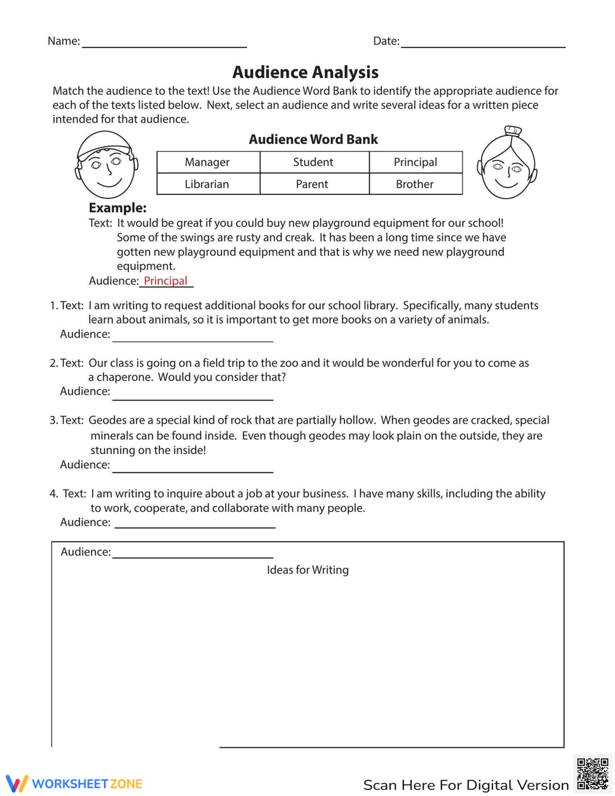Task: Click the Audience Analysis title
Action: [305, 73]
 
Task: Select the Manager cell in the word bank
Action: [207, 162]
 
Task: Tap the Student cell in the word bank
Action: [313, 162]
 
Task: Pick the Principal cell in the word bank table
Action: [415, 162]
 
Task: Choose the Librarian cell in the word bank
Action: [207, 184]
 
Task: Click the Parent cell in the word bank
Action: [312, 184]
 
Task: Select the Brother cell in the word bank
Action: [415, 184]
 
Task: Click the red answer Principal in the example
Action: [165, 281]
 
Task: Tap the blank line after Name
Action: [164, 43]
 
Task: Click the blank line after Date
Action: [483, 43]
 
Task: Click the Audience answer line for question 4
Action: [195, 523]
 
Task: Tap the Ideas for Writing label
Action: [307, 570]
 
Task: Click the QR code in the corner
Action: [592, 773]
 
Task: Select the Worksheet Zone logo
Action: [74, 784]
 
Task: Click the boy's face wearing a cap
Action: [106, 164]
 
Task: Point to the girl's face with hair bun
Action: [507, 164]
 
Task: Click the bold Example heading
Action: [117, 208]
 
